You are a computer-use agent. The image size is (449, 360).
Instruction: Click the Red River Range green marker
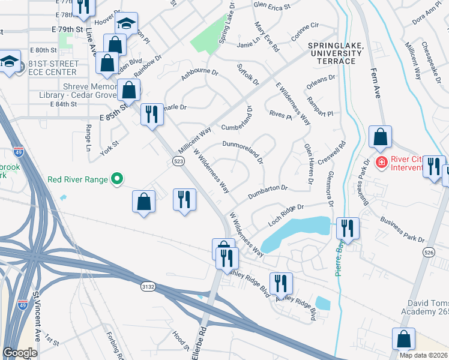coord(118,179)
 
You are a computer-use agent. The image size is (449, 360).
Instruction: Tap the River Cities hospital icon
coord(380,162)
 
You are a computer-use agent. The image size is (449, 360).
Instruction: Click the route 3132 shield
coord(148,287)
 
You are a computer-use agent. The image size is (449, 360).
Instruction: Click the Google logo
coord(20,353)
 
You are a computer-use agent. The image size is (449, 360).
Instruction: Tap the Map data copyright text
coord(423,355)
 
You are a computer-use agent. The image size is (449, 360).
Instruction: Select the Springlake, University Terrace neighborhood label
coord(334,50)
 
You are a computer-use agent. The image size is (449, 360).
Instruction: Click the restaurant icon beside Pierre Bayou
coord(348,228)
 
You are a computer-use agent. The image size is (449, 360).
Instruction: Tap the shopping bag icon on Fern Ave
coord(380,137)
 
